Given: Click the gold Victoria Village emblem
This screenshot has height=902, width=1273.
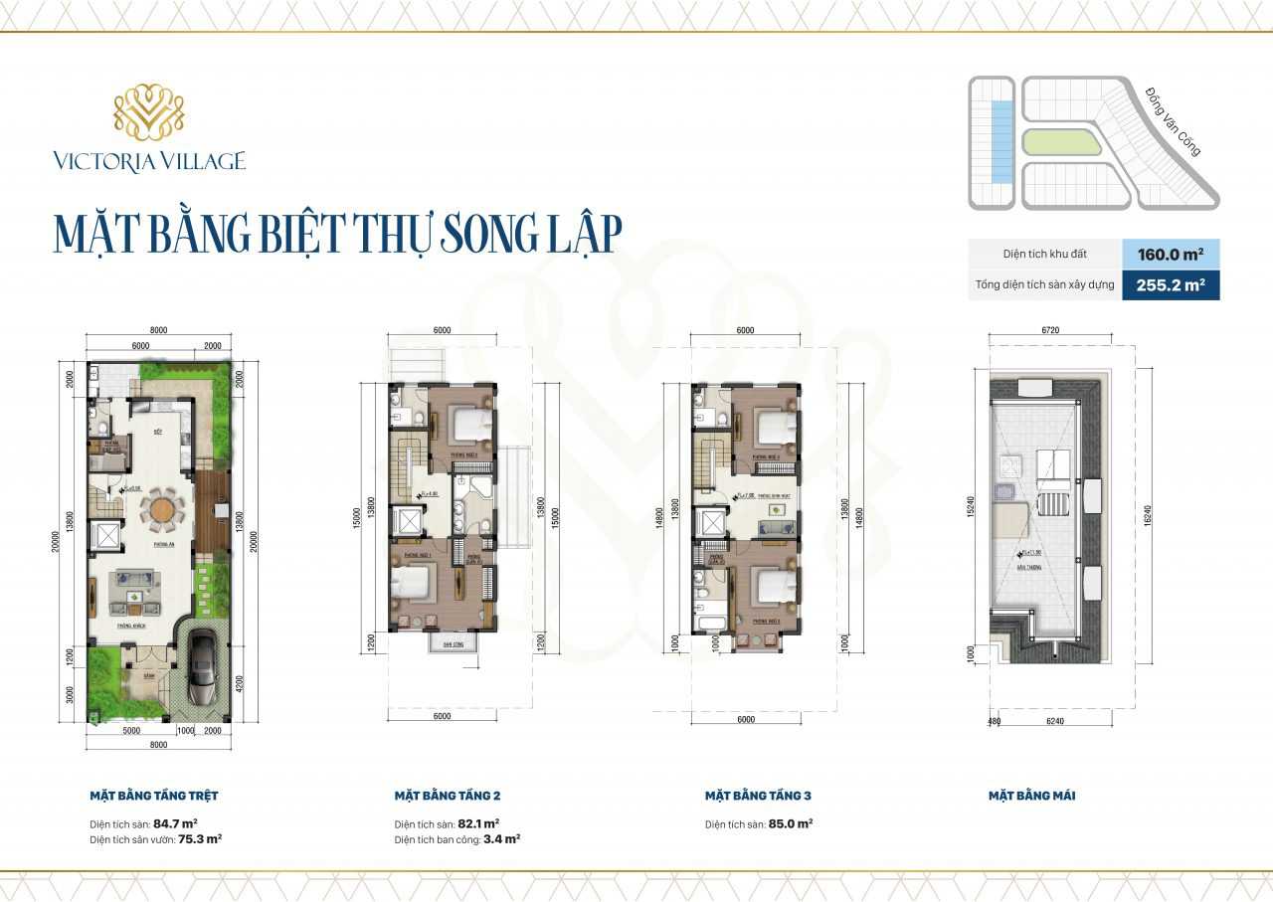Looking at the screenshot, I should [x=149, y=111].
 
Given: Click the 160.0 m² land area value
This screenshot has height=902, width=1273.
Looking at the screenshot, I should [x=1171, y=254].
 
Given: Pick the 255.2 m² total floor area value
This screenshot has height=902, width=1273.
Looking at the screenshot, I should [x=1171, y=285].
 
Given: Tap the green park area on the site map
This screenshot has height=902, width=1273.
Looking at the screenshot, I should [x=1058, y=142].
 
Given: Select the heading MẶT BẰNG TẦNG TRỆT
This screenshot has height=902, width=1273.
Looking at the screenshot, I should [x=154, y=796].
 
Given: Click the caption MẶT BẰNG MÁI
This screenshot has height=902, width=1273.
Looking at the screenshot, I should [x=1031, y=796].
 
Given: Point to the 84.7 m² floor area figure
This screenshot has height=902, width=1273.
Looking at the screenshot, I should [x=175, y=823].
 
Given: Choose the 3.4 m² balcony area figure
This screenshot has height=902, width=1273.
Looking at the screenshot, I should [x=501, y=838].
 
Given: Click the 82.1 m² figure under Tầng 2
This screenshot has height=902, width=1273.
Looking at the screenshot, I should [x=479, y=823].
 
